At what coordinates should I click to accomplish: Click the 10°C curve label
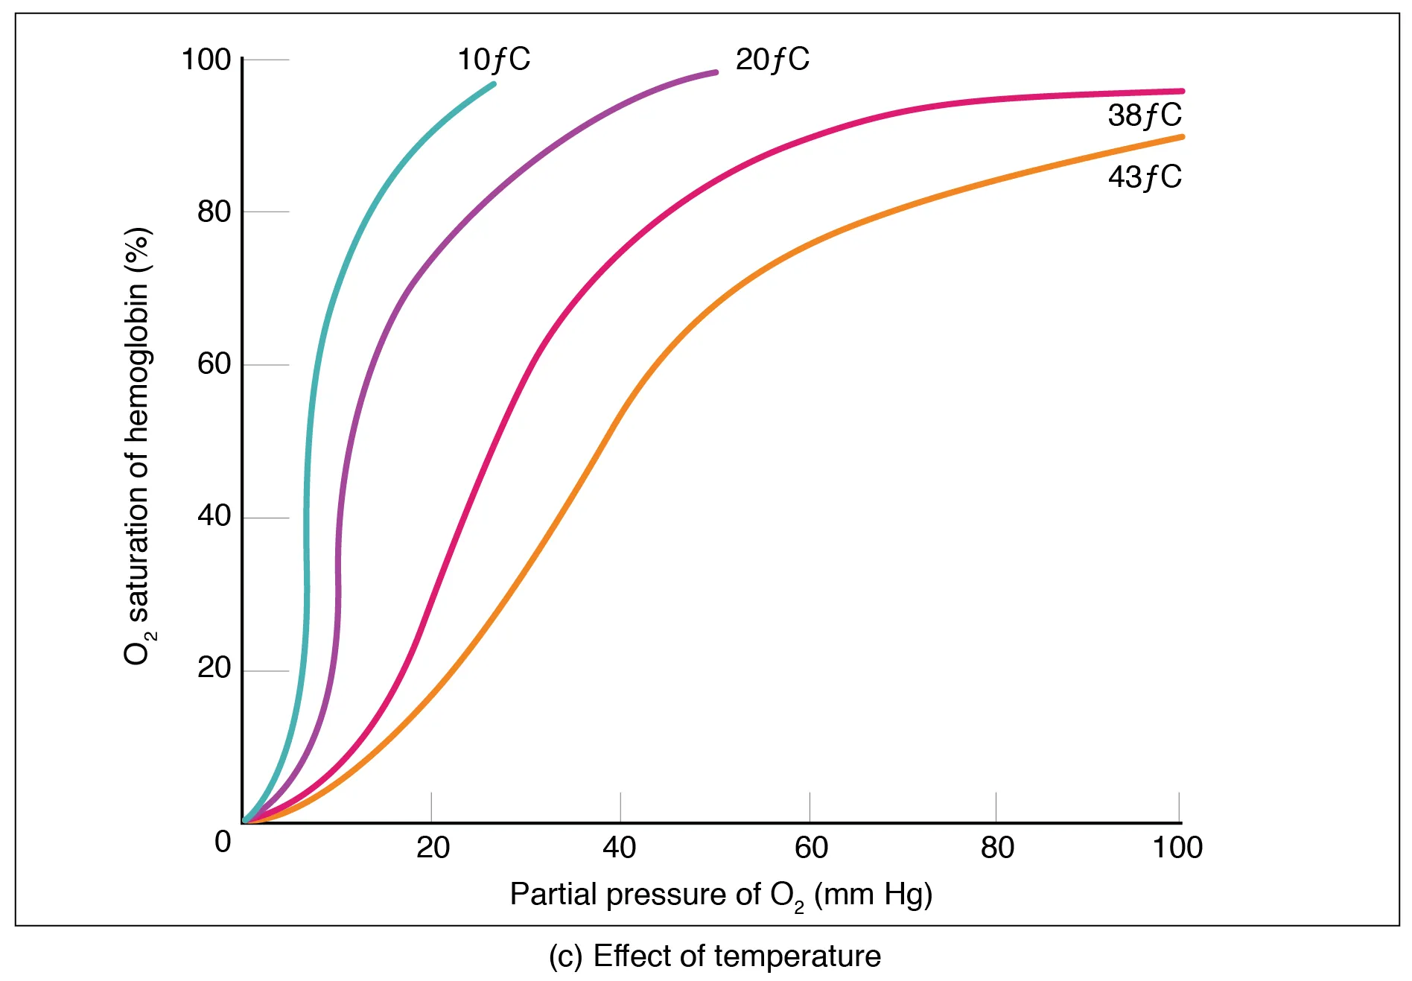tap(493, 60)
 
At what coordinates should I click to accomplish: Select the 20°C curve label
tap(772, 60)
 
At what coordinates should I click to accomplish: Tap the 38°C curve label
tap(1144, 115)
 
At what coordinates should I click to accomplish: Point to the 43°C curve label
tap(1144, 177)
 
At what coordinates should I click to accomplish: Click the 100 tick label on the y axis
tap(206, 60)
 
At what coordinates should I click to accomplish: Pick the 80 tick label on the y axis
tap(214, 212)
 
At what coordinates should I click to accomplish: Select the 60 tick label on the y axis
tap(214, 364)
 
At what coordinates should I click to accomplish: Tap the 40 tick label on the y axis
tap(214, 516)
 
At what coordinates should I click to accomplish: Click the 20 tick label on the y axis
tap(214, 668)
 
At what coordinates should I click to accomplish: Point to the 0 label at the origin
tap(223, 842)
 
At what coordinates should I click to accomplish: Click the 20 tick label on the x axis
tap(433, 848)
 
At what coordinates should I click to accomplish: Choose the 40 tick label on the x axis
tap(620, 848)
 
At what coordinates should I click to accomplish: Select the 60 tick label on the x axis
tap(811, 848)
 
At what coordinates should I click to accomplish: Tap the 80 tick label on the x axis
tap(997, 848)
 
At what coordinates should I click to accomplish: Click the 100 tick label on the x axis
tap(1177, 848)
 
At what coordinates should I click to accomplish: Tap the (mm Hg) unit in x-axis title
tap(873, 895)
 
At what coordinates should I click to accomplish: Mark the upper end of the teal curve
tap(493, 84)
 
